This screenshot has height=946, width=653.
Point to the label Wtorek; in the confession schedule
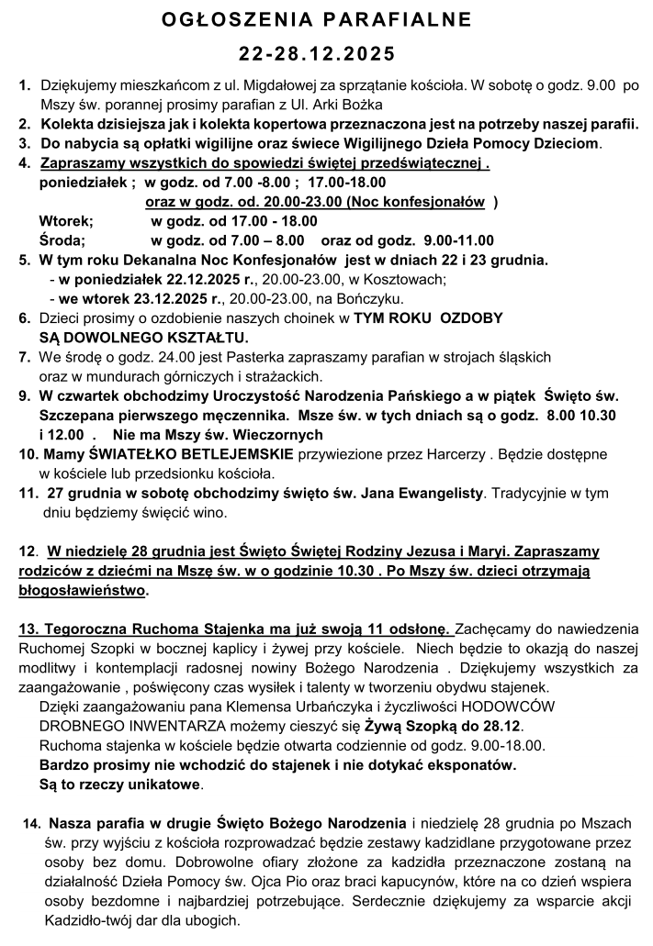click(x=65, y=221)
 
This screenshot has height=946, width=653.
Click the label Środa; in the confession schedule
click(x=62, y=240)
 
